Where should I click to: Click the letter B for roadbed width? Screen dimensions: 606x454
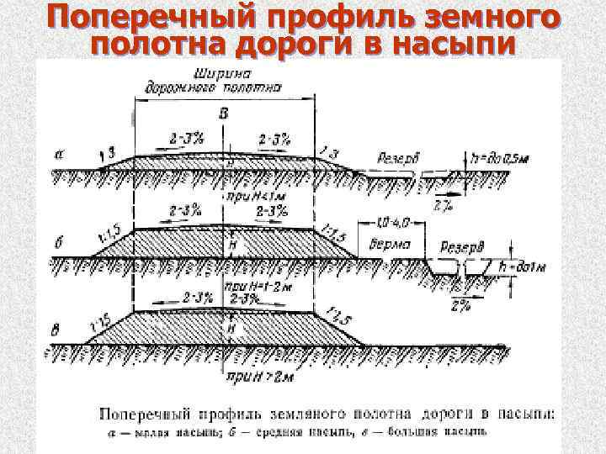[x=223, y=113]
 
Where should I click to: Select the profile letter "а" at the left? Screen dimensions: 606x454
[x=56, y=154]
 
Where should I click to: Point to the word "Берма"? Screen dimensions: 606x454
[x=390, y=245]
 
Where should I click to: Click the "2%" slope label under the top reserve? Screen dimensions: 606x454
[x=440, y=205]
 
